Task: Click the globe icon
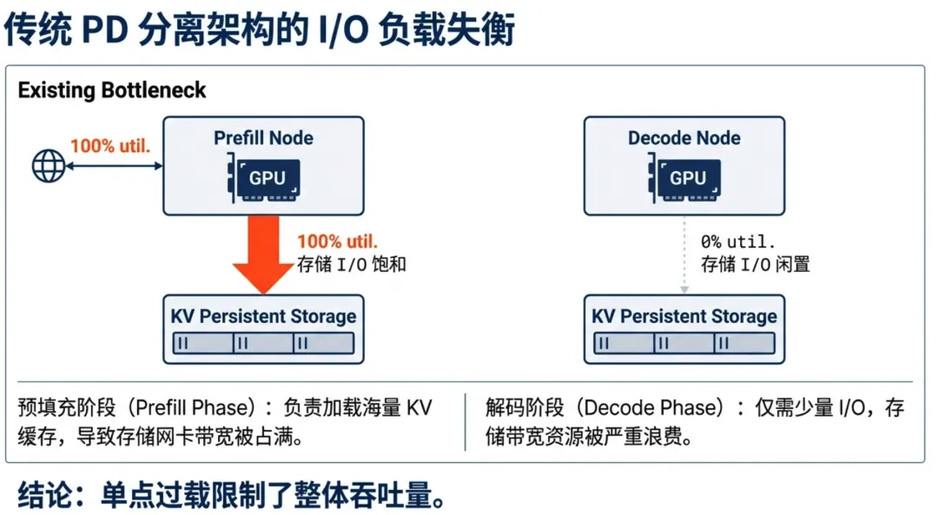(x=49, y=165)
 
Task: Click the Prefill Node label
(x=263, y=138)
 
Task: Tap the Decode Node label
(x=684, y=138)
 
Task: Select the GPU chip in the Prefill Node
(x=267, y=178)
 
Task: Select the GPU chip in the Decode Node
(x=687, y=178)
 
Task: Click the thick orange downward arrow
(x=263, y=254)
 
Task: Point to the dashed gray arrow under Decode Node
(x=684, y=254)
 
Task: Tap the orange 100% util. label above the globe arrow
(x=110, y=145)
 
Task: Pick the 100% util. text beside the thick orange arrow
(x=338, y=241)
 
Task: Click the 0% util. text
(x=738, y=241)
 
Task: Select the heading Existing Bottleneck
(x=112, y=90)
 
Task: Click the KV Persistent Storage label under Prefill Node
(x=263, y=316)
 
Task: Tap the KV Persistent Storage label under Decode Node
(x=684, y=316)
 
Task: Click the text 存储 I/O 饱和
(x=351, y=264)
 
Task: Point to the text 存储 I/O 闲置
(x=755, y=264)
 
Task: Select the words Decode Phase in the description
(x=645, y=407)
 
